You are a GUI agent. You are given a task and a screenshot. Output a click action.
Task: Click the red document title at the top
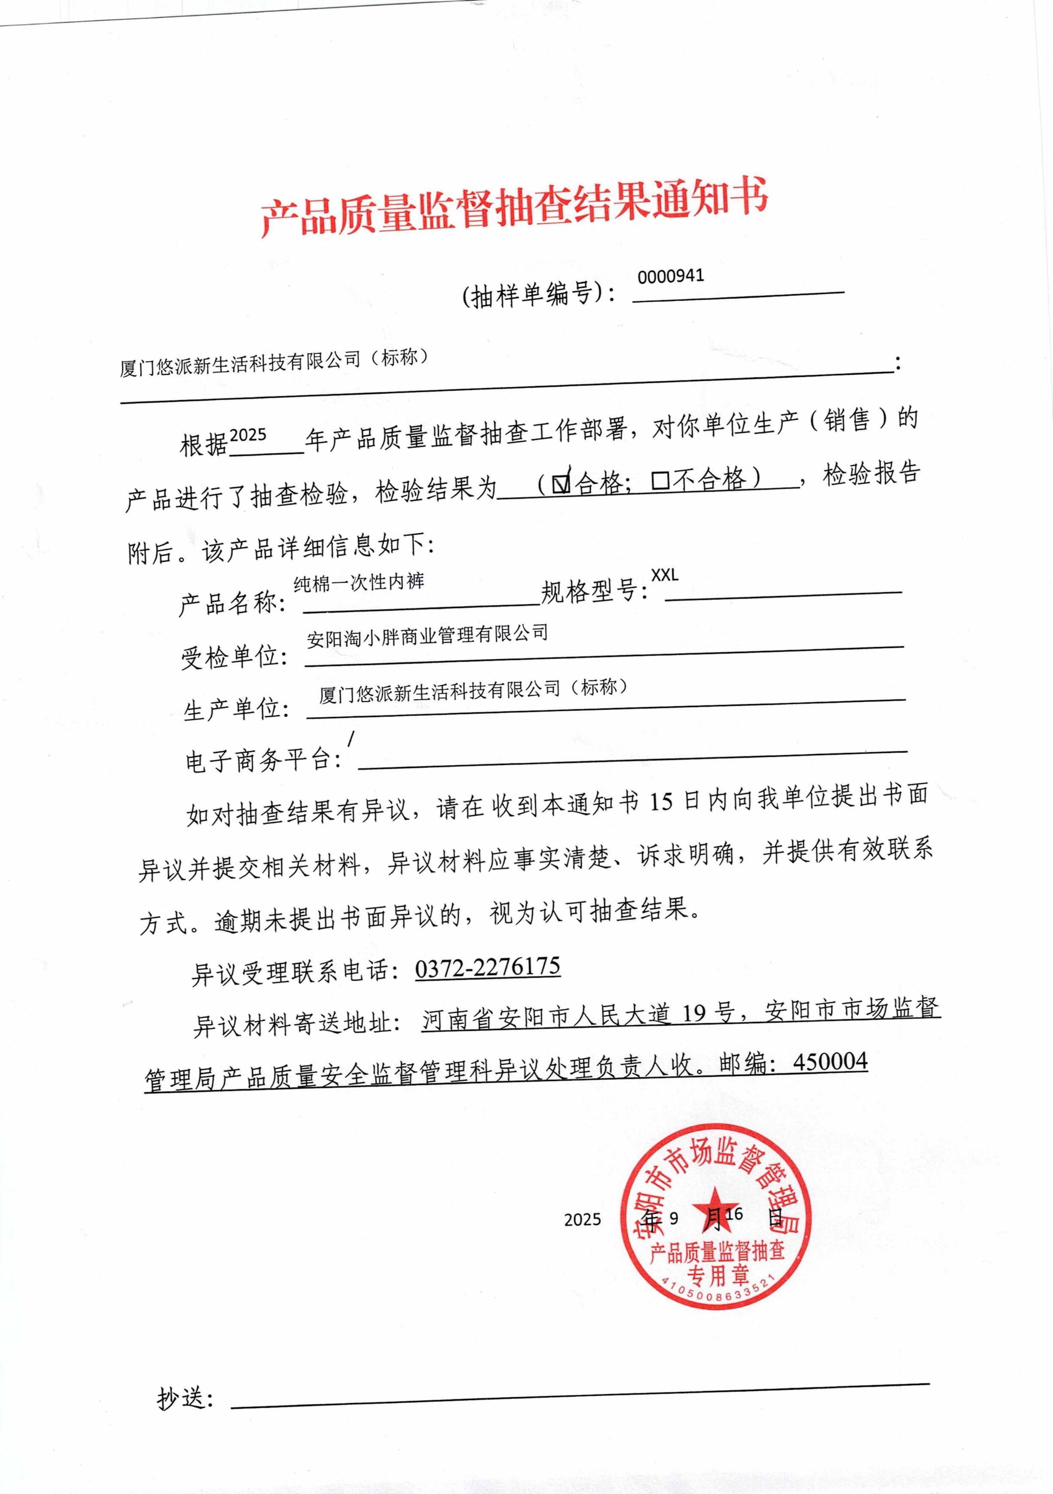tap(514, 207)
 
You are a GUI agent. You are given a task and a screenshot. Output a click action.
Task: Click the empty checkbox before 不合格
tap(660, 481)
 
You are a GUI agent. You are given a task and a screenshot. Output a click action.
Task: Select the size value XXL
tap(664, 575)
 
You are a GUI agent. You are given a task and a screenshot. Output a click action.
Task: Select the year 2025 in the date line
tap(582, 1220)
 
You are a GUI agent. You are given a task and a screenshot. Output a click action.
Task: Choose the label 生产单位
tap(236, 708)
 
